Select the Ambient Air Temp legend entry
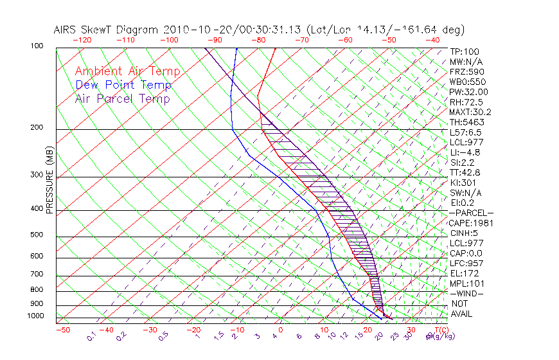click(127, 71)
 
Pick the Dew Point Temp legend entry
click(123, 85)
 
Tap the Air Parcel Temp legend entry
click(122, 98)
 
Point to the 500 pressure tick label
click(37, 235)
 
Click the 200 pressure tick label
click(37, 128)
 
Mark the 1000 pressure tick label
click(35, 316)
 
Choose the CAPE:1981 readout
click(467, 223)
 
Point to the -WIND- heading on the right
click(467, 293)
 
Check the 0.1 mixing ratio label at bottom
click(91, 336)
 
